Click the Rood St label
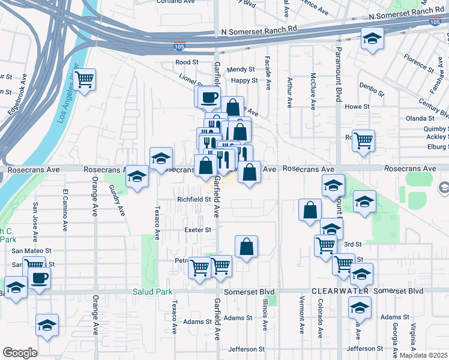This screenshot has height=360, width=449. [187, 62]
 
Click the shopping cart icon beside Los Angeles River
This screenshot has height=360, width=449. [85, 79]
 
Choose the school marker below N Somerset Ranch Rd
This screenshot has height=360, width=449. [372, 39]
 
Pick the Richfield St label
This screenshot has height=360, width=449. [192, 199]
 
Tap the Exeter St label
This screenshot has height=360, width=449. [198, 230]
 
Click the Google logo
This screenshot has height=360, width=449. [19, 353]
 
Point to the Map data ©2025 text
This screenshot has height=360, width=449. [423, 355]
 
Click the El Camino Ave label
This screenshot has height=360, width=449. [64, 211]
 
